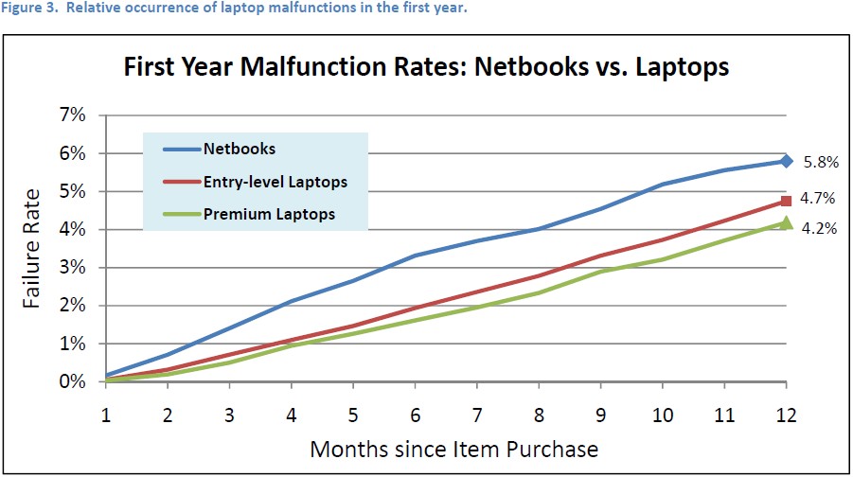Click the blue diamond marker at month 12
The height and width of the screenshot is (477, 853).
pyautogui.click(x=786, y=161)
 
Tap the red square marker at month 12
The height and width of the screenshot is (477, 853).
pyautogui.click(x=786, y=201)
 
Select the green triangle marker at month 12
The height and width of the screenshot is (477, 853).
pyautogui.click(x=786, y=222)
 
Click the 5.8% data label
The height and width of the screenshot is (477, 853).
pyautogui.click(x=820, y=162)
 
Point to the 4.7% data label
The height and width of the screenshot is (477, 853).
pyautogui.click(x=820, y=199)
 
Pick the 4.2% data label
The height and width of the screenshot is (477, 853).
pyautogui.click(x=820, y=228)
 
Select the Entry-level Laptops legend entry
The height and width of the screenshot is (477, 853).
pyautogui.click(x=273, y=182)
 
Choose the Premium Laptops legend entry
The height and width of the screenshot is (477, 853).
pyautogui.click(x=269, y=214)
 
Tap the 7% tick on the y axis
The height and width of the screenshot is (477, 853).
pyautogui.click(x=73, y=115)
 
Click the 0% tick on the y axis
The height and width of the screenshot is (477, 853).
pyautogui.click(x=73, y=382)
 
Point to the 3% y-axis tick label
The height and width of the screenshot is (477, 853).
pyautogui.click(x=73, y=268)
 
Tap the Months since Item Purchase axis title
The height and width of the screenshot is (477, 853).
pyautogui.click(x=453, y=447)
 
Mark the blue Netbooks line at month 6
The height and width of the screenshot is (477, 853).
pyautogui.click(x=415, y=256)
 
